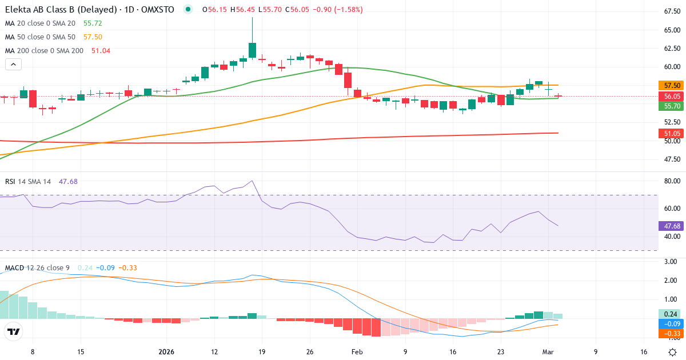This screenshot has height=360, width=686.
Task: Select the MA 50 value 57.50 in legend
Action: tap(93, 37)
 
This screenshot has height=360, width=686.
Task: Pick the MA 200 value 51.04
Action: tap(101, 51)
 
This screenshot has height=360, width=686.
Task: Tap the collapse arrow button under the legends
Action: tap(14, 65)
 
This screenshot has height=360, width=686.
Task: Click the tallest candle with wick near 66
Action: tap(252, 50)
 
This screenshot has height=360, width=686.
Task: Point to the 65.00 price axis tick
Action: tap(671, 30)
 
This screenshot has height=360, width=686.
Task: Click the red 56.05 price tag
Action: tap(672, 97)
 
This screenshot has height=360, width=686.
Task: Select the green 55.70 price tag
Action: tap(672, 106)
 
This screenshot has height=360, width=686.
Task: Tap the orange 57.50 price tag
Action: tap(672, 85)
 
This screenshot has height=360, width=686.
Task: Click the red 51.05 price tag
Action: tap(672, 133)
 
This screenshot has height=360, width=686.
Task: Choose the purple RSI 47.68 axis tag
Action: tap(672, 226)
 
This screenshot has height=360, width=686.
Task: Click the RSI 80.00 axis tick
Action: tap(671, 181)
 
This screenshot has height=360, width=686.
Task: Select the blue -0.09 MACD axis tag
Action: tap(672, 323)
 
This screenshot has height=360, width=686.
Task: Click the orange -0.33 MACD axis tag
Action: tap(672, 333)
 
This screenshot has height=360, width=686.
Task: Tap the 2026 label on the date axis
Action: tap(166, 352)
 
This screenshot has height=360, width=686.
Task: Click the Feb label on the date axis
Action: tap(357, 352)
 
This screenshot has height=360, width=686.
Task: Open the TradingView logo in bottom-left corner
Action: tap(14, 331)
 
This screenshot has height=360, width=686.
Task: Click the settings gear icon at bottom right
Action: tap(673, 352)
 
